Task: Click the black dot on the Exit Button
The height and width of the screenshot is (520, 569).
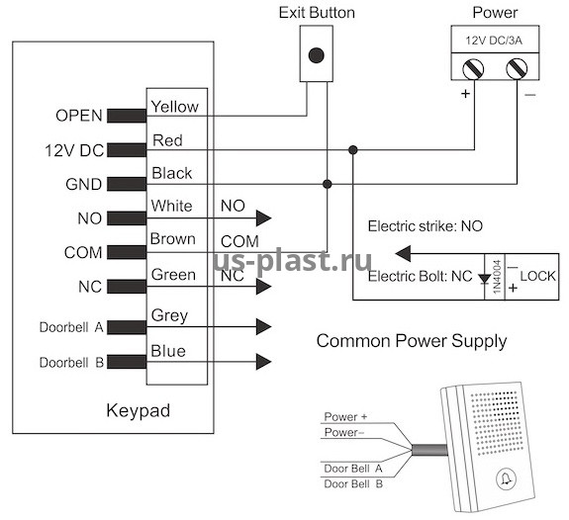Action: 316,55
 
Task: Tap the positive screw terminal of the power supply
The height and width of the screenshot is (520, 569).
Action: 473,68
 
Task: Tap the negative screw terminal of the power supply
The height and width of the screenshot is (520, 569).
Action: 517,68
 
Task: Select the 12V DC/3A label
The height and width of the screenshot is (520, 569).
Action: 494,41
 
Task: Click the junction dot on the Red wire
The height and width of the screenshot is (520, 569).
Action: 352,149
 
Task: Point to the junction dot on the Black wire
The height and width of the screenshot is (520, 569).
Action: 328,184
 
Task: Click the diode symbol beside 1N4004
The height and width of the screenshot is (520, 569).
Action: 485,279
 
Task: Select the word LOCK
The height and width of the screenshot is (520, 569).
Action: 537,277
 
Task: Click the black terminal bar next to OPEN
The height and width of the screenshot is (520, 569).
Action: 127,116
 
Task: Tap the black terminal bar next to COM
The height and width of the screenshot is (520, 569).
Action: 127,252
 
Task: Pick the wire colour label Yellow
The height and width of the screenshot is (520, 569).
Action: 175,107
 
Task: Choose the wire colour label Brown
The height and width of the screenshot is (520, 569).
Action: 173,239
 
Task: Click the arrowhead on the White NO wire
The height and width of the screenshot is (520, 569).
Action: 264,218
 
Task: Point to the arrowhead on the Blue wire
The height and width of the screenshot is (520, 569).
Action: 264,362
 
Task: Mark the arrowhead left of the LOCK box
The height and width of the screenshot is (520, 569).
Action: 403,253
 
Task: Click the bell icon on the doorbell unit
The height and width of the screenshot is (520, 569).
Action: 506,478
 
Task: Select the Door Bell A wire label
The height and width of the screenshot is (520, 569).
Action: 353,469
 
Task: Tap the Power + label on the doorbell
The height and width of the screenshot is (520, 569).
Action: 345,417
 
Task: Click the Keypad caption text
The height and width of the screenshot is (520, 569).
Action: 139,411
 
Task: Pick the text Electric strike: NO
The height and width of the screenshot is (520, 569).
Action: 426,226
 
